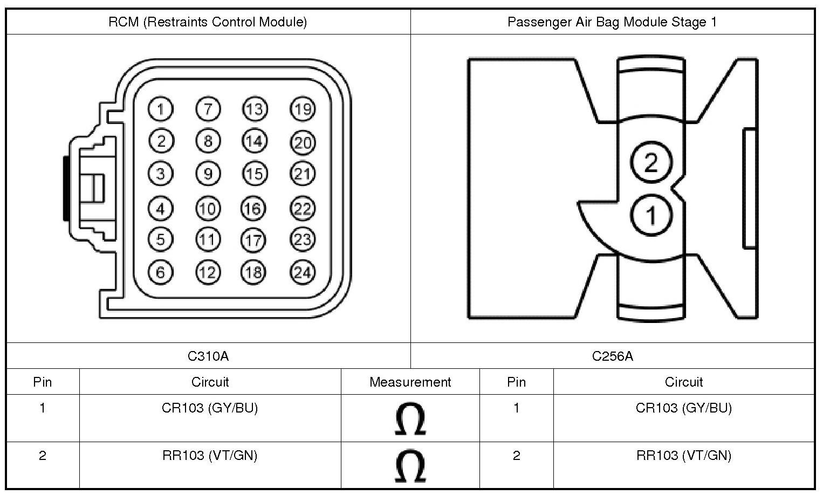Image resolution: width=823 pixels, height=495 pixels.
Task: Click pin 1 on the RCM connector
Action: [x=160, y=109]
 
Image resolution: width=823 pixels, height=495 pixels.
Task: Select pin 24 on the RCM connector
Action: [x=303, y=273]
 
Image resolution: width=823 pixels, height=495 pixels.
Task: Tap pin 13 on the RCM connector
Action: [x=255, y=109]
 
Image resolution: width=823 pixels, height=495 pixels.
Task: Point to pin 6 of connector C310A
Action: [x=160, y=272]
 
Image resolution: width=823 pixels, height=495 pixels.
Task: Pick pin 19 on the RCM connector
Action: [x=303, y=109]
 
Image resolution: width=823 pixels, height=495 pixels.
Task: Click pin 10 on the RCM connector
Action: [x=208, y=209]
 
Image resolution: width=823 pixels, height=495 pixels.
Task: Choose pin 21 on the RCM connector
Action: [x=303, y=174]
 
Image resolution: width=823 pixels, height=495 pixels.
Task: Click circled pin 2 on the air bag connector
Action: [x=651, y=162]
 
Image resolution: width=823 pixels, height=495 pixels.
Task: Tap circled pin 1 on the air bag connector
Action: [x=651, y=216]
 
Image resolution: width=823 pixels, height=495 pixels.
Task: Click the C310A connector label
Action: [x=208, y=356]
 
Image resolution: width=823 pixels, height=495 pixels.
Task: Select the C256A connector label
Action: [x=612, y=356]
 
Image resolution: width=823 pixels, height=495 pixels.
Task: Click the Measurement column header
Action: [x=410, y=382]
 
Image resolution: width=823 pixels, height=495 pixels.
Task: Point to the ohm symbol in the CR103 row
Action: [x=410, y=418]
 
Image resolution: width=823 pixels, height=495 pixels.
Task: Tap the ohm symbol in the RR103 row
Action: [x=410, y=466]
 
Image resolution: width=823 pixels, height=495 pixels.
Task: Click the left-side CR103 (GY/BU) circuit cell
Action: [x=210, y=408]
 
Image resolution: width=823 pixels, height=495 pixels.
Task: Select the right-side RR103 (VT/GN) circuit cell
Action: [x=684, y=456]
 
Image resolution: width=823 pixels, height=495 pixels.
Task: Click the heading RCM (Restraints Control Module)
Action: [x=208, y=22]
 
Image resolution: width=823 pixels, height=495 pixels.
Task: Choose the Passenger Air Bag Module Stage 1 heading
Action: [x=612, y=22]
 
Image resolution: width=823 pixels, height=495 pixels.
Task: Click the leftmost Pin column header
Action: [x=43, y=382]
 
